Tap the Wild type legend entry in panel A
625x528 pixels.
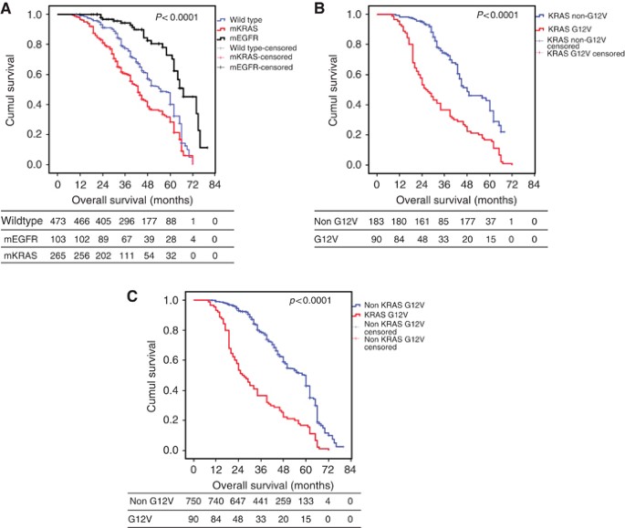point(263,18)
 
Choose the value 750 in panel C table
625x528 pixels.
point(200,502)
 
